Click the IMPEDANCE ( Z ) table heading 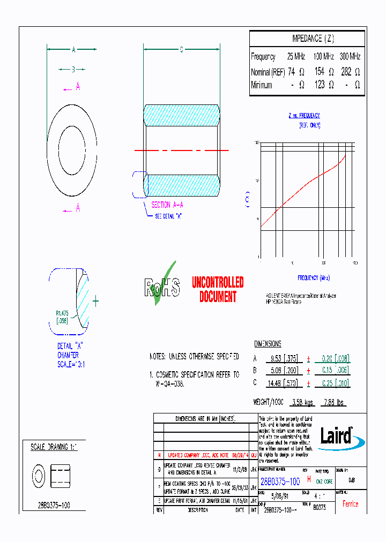[x=313, y=39]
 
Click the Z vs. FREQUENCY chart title [x=304, y=116]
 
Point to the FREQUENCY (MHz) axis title [x=314, y=278]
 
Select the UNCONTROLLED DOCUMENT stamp [x=218, y=289]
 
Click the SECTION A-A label [x=168, y=205]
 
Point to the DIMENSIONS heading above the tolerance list [x=268, y=344]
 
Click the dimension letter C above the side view [x=181, y=50]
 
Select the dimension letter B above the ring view [x=73, y=69]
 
